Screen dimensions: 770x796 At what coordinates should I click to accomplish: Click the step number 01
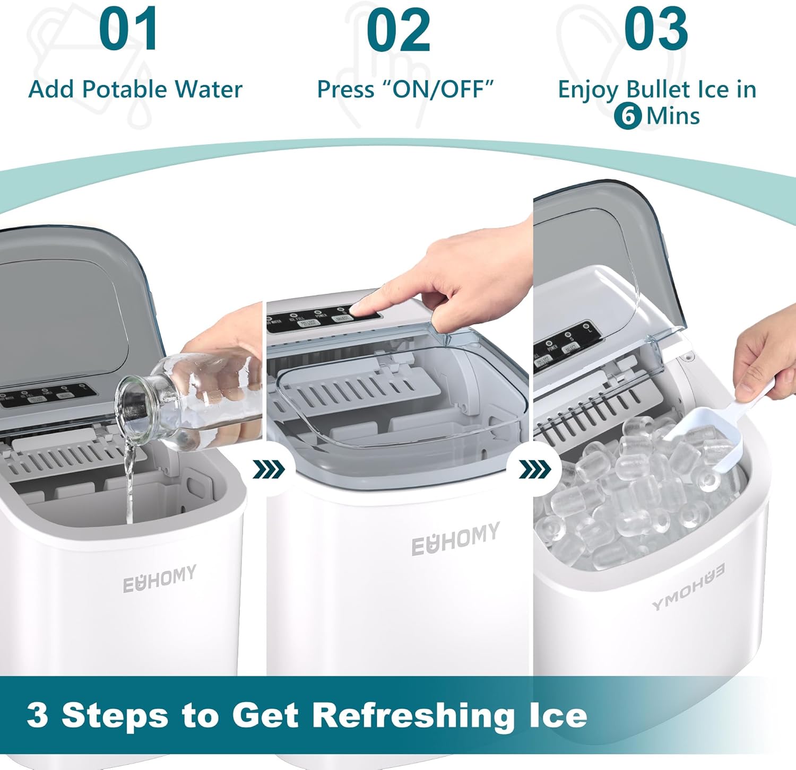[128, 30]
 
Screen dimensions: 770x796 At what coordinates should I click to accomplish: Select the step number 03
[656, 30]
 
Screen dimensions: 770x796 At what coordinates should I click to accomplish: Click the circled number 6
[628, 116]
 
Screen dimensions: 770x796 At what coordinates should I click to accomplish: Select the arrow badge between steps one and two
[269, 469]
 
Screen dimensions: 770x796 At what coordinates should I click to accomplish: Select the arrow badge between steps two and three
[534, 469]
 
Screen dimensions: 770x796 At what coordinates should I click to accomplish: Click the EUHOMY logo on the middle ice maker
[455, 539]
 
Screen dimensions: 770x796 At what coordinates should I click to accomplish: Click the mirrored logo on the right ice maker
[688, 587]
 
